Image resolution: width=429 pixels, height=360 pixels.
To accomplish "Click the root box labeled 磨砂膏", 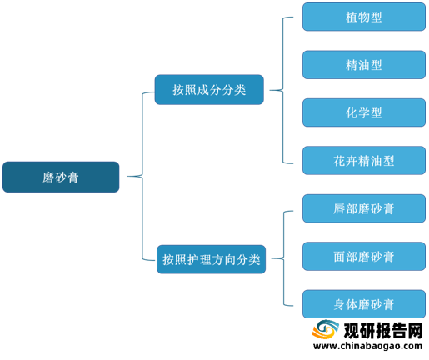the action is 61,177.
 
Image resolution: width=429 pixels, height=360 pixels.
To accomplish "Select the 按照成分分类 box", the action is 209,90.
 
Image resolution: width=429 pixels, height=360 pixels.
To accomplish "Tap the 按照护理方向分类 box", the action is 211,259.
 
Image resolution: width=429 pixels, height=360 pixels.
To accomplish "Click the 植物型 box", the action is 364,17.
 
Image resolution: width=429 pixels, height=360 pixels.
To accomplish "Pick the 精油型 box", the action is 364,65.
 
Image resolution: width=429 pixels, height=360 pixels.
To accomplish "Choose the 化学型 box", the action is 364,112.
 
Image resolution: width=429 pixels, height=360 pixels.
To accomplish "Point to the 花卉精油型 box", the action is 364,161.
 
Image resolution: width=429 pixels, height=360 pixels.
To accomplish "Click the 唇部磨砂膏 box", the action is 364,208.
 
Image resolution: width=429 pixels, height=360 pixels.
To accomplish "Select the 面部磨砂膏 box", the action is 364,256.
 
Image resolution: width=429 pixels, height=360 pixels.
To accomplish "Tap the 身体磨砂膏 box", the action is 364,304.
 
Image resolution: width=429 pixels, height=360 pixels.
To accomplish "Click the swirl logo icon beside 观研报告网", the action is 325,329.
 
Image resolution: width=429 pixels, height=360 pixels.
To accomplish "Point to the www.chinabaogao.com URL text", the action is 367,346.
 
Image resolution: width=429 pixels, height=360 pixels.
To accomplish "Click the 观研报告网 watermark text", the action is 383,331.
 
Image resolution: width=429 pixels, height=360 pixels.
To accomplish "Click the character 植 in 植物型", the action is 352,17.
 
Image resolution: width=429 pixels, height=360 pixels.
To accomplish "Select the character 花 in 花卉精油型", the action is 339,161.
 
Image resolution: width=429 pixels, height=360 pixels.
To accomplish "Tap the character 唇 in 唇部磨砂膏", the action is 339,209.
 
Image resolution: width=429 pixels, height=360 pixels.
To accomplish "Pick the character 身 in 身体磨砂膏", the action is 339,304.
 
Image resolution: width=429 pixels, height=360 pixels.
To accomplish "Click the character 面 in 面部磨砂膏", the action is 339,257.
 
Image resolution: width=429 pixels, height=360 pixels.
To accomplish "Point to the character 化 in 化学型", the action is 352,113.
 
